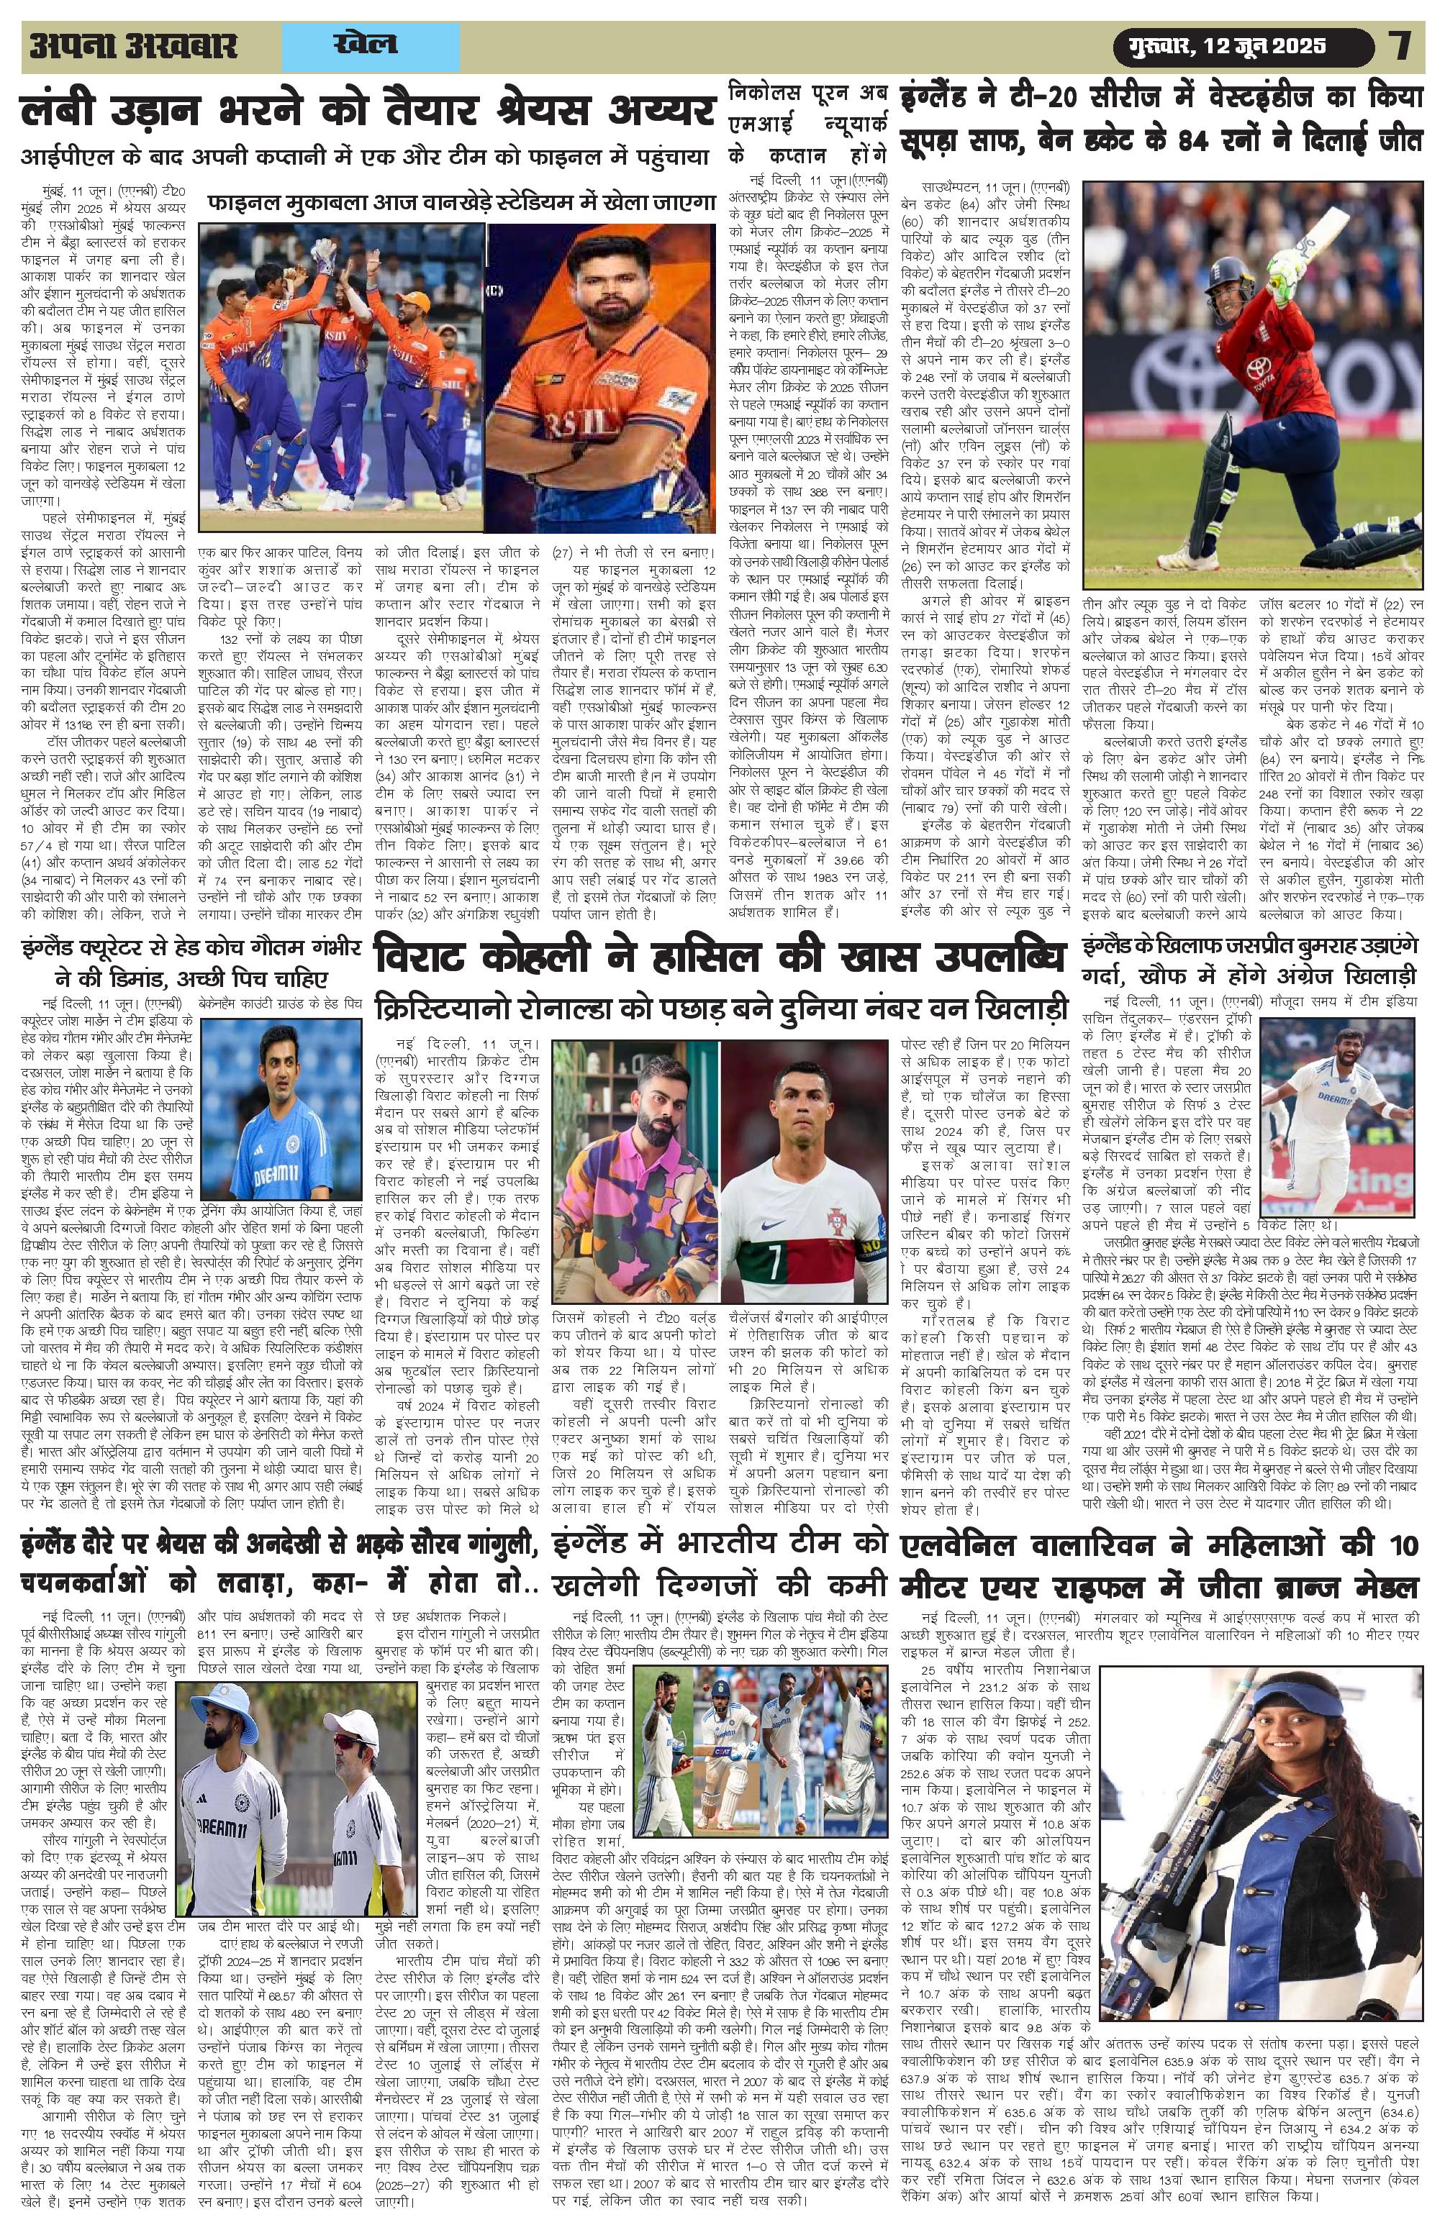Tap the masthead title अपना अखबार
(x=133, y=46)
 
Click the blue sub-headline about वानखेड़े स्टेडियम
(x=461, y=201)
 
